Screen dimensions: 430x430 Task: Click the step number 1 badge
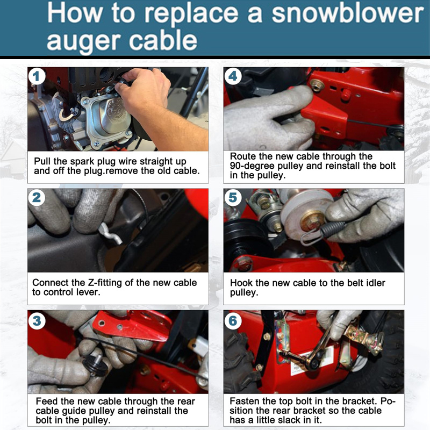point(37,76)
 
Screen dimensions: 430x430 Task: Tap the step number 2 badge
point(37,197)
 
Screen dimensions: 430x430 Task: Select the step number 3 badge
point(37,320)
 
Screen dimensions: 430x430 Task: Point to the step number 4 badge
point(233,76)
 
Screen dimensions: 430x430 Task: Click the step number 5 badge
point(233,197)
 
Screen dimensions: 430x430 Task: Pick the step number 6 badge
point(233,320)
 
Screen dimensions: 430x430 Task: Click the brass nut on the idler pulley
point(312,220)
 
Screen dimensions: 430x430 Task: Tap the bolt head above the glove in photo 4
point(317,85)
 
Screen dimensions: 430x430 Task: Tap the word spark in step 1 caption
point(82,162)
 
